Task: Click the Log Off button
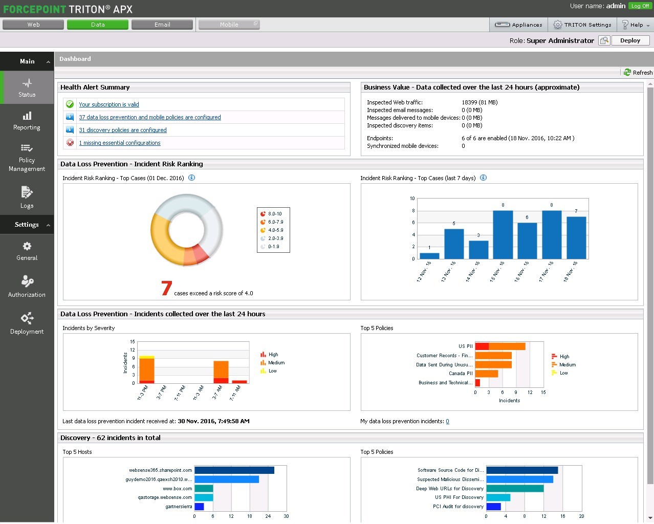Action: tap(640, 6)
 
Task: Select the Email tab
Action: tap(162, 25)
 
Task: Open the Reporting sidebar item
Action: tap(27, 121)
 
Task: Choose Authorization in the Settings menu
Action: tap(27, 287)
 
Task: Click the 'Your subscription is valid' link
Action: tap(109, 104)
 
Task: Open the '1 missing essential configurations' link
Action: tap(120, 143)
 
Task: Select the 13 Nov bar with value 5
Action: tap(454, 244)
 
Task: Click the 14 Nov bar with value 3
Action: tap(478, 250)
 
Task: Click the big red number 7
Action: tap(166, 288)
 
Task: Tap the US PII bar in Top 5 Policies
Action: tap(500, 346)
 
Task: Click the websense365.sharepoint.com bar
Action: tap(234, 470)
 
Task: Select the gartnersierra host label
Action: tap(179, 507)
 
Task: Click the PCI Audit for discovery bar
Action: tap(493, 507)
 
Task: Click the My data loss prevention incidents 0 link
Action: tap(447, 422)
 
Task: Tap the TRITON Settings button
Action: tap(582, 25)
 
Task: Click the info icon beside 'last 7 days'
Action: tap(483, 178)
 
